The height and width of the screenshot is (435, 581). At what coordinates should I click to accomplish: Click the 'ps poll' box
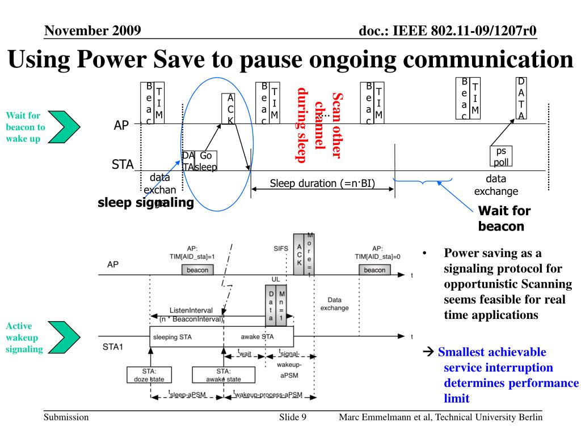501,156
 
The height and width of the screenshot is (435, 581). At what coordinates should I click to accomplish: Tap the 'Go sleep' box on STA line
206,161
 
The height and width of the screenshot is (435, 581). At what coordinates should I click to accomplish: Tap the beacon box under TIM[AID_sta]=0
374,270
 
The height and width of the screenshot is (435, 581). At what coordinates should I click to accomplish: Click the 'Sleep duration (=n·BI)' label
322,183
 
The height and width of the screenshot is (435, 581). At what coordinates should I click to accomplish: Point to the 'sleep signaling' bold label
145,203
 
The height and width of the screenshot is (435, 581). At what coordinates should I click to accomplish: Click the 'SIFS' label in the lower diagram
281,249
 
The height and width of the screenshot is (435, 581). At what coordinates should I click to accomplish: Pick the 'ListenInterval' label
191,310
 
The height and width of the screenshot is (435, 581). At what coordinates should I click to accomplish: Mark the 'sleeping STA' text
174,336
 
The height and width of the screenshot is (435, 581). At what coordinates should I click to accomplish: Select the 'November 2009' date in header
92,30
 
